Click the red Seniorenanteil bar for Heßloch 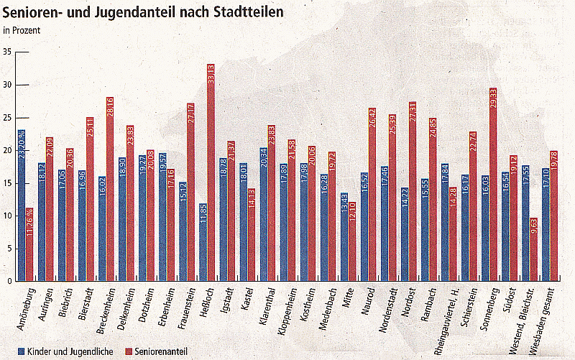point(211,172)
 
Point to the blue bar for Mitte point(344,237)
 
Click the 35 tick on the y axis point(6,52)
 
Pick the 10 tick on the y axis point(6,216)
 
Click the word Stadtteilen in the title point(241,12)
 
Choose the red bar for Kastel point(252,234)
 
